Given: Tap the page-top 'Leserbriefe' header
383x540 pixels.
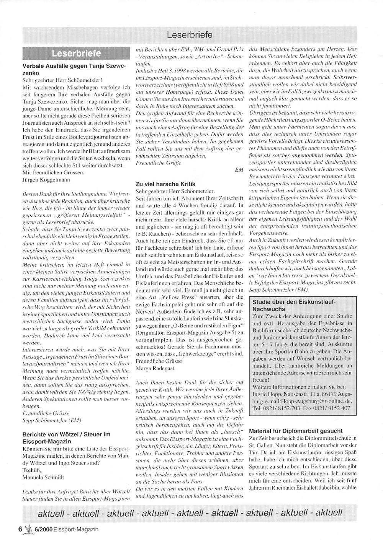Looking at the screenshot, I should point(189,35).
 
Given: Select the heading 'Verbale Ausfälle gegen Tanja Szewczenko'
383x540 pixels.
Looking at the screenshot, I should point(74,69).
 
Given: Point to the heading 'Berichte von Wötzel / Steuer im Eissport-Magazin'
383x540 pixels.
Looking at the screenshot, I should point(66,438).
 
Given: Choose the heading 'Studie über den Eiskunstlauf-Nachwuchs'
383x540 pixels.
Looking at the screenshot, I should point(293,305).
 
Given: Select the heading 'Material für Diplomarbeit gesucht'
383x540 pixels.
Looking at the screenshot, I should point(296,431).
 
